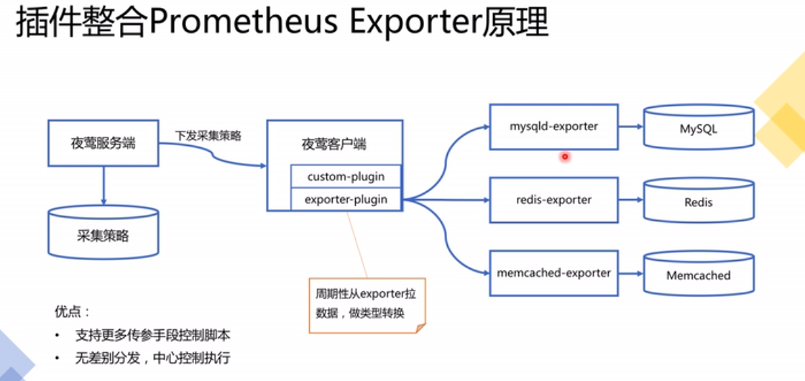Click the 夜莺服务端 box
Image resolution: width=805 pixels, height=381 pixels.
103,142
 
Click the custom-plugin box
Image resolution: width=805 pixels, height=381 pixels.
346,177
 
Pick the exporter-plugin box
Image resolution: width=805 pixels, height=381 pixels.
346,199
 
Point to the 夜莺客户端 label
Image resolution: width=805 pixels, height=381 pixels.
333,144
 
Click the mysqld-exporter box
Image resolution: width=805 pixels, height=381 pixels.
553,127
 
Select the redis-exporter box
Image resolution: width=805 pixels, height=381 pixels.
553,199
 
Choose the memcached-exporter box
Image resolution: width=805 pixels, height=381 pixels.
553,273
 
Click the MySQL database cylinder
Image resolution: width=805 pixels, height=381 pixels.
699,130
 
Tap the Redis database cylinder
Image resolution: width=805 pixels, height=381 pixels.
699,202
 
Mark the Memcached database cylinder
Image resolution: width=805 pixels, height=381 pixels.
699,275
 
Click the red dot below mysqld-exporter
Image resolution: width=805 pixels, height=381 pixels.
565,156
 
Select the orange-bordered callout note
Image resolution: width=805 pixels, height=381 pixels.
367,305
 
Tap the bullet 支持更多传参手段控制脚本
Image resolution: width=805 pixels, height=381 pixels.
152,336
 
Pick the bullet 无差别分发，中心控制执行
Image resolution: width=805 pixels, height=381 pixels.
152,358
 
